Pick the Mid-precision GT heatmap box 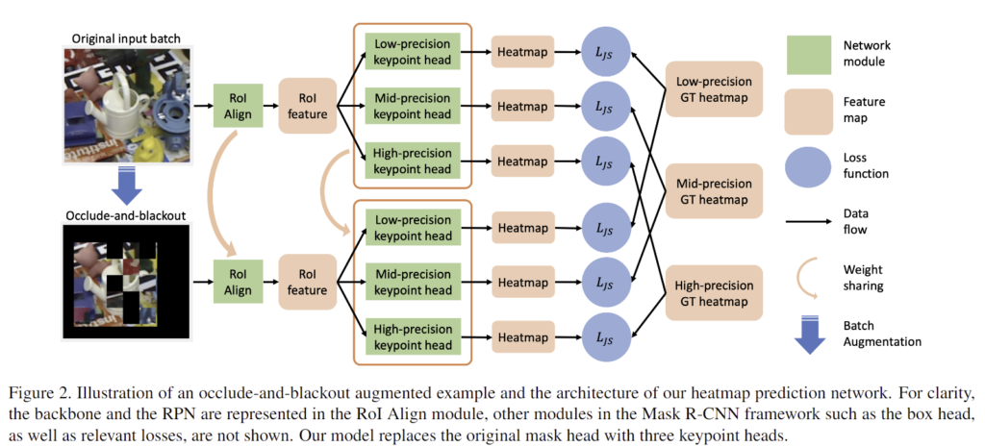tap(713, 189)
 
